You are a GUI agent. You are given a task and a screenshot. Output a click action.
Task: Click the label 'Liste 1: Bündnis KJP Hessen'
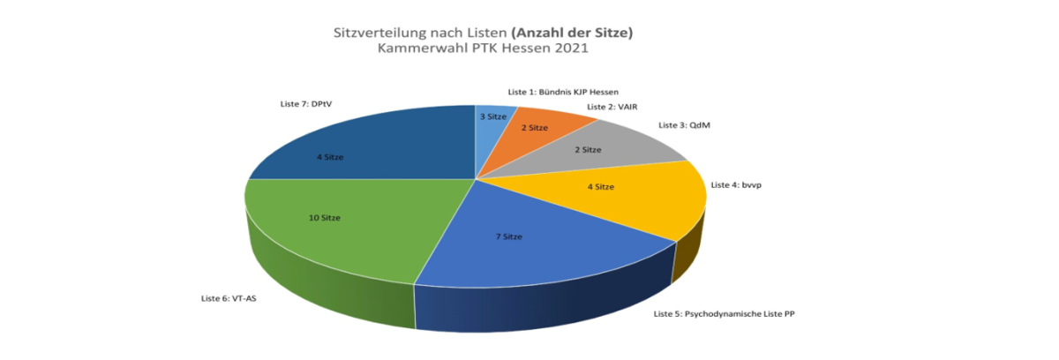563,91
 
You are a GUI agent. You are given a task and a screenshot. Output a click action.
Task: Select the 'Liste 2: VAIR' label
612,107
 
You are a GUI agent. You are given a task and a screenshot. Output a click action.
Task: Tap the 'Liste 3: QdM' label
684,125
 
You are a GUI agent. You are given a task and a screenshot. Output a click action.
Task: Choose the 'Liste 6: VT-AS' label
229,298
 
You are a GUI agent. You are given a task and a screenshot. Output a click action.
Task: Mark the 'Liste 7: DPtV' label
299,103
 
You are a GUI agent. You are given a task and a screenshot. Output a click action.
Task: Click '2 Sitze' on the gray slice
588,150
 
